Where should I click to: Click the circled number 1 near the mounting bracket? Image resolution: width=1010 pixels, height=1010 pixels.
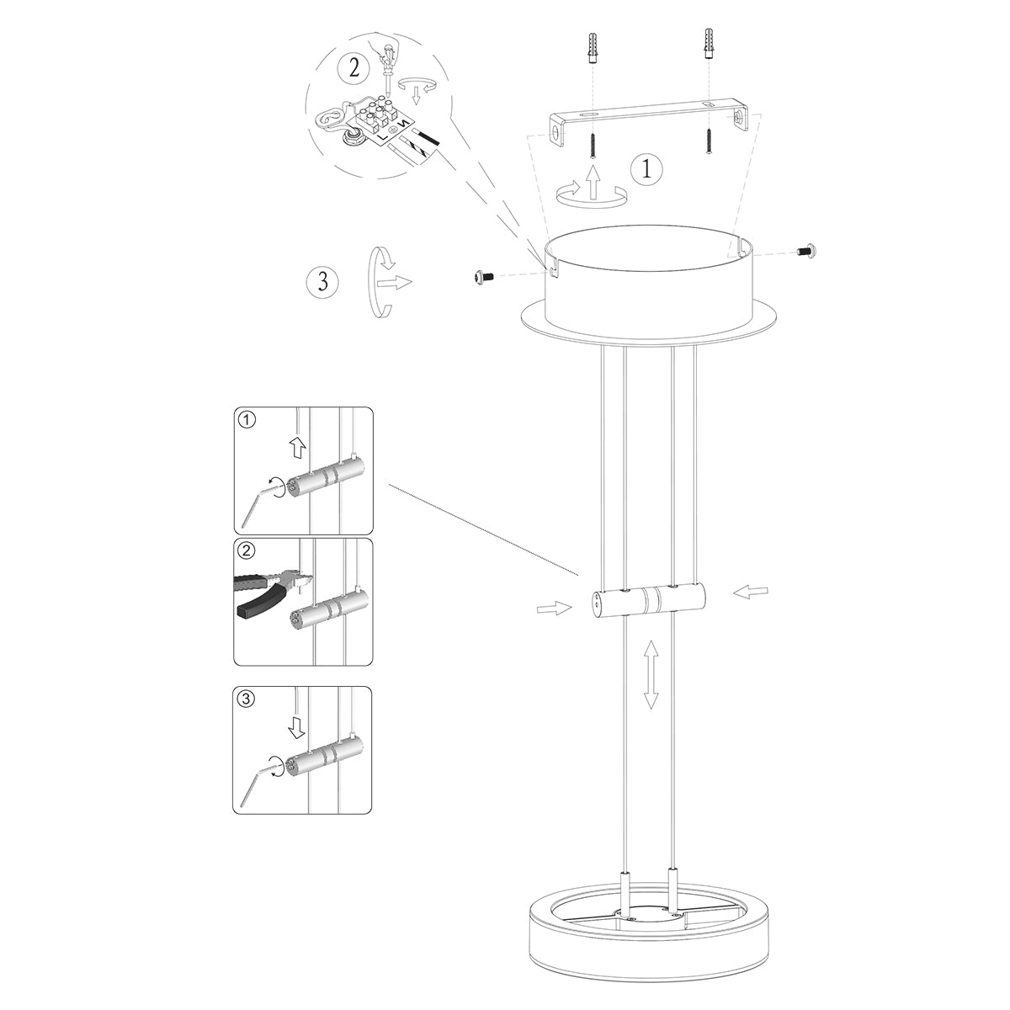(x=646, y=169)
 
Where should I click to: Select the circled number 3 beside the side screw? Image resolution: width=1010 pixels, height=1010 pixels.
(x=322, y=281)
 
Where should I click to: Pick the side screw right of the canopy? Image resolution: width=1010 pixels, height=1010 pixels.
(x=810, y=250)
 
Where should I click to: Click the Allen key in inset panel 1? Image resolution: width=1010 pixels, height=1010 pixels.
(x=257, y=502)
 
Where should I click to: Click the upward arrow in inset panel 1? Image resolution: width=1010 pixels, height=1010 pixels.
(x=296, y=448)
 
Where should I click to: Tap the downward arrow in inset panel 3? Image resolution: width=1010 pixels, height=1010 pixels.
(x=295, y=725)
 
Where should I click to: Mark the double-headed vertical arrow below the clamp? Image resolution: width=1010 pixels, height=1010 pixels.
(x=651, y=672)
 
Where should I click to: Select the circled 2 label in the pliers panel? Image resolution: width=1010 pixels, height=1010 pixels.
(x=246, y=552)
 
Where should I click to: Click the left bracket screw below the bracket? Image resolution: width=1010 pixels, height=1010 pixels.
(x=593, y=144)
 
